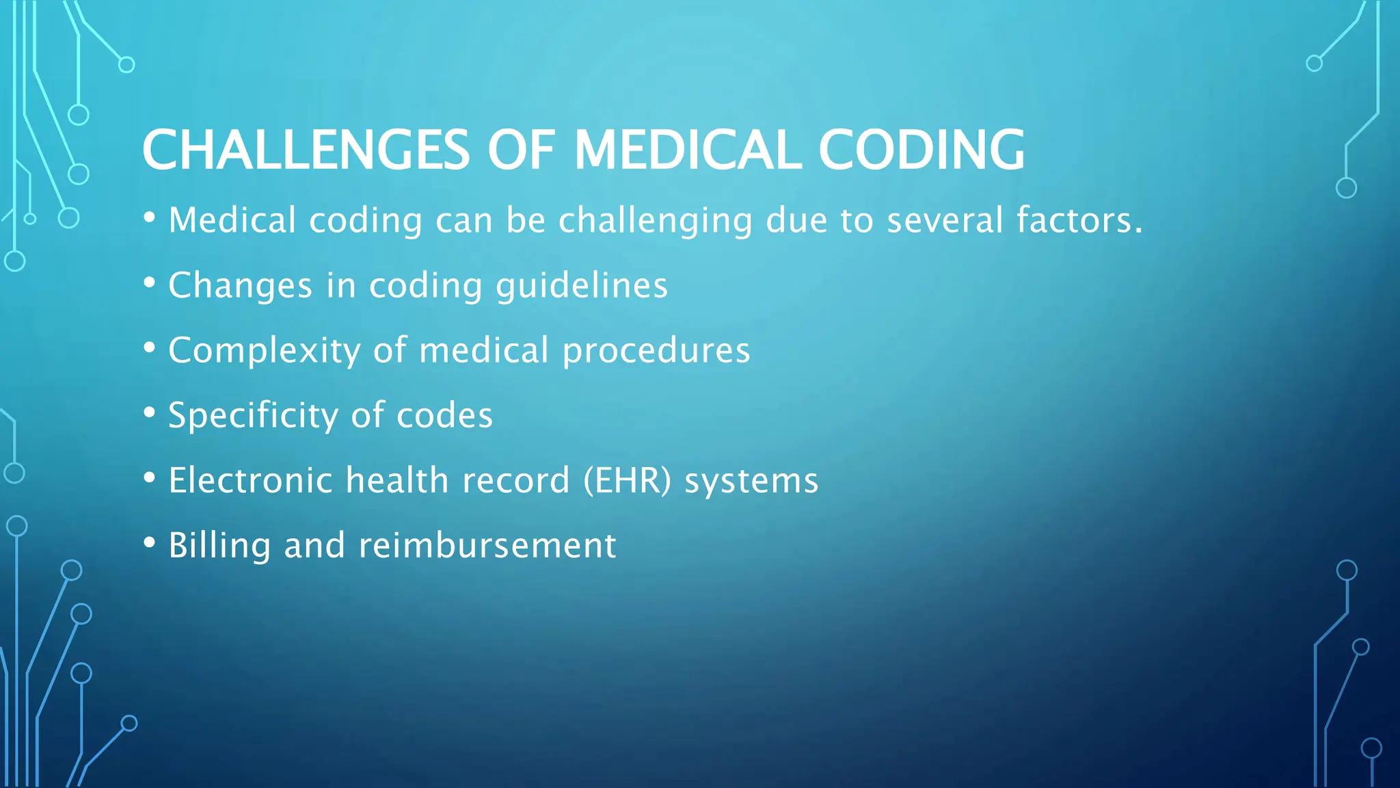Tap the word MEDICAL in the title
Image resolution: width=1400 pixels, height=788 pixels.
(687, 150)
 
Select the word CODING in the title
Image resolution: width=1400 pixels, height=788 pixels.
(921, 150)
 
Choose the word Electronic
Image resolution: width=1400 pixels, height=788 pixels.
(250, 481)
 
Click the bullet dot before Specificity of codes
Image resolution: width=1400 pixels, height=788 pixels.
(150, 412)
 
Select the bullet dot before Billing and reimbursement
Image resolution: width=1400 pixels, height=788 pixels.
(150, 542)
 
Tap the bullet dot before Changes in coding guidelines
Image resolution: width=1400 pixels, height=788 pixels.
(150, 283)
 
